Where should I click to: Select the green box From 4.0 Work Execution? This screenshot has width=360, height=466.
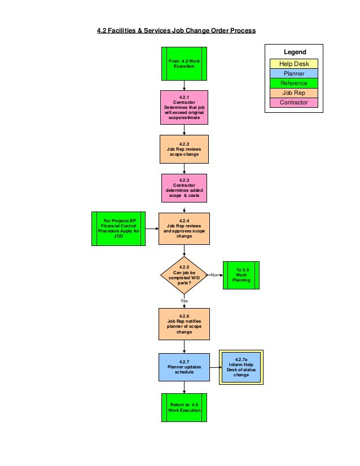184,63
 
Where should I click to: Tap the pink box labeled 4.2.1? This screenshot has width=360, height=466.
184,107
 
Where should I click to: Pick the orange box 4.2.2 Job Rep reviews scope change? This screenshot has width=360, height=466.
184,150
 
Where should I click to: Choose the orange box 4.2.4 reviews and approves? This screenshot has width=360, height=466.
184,228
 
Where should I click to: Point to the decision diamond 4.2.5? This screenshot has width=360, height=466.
184,275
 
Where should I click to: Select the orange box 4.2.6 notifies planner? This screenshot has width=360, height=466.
184,324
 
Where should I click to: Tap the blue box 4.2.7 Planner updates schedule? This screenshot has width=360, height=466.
184,367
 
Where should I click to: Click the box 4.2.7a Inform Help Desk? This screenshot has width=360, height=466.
241,367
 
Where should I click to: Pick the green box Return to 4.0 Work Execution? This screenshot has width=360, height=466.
184,407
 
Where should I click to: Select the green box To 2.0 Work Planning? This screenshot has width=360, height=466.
242,275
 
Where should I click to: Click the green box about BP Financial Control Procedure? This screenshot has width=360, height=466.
118,228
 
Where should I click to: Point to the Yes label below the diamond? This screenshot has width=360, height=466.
184,301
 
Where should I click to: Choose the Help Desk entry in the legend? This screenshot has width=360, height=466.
293,64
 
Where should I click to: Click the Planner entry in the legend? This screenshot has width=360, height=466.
293,73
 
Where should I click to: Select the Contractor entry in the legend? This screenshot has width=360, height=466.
293,102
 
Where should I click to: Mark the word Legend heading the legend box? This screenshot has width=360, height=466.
295,52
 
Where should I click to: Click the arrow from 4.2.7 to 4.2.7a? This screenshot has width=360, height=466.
214,367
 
